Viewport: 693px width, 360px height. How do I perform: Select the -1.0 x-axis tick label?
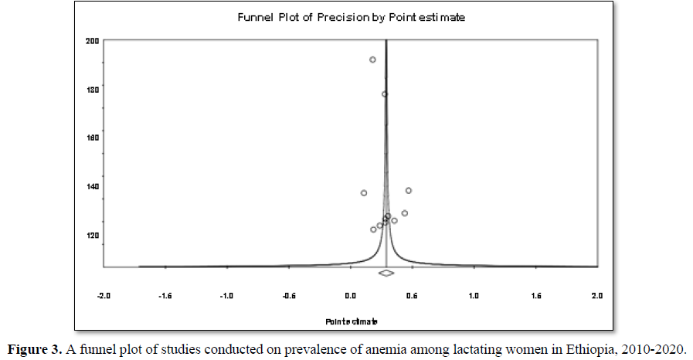(x=226, y=296)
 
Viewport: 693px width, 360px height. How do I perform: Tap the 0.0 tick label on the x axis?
(x=350, y=296)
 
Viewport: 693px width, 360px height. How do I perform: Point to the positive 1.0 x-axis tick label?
(x=474, y=296)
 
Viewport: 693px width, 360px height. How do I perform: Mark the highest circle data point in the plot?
(x=372, y=59)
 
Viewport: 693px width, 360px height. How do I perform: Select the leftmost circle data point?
(x=363, y=193)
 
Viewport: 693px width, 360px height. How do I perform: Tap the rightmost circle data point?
(x=409, y=191)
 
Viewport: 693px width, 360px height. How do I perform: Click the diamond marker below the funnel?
(x=386, y=273)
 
